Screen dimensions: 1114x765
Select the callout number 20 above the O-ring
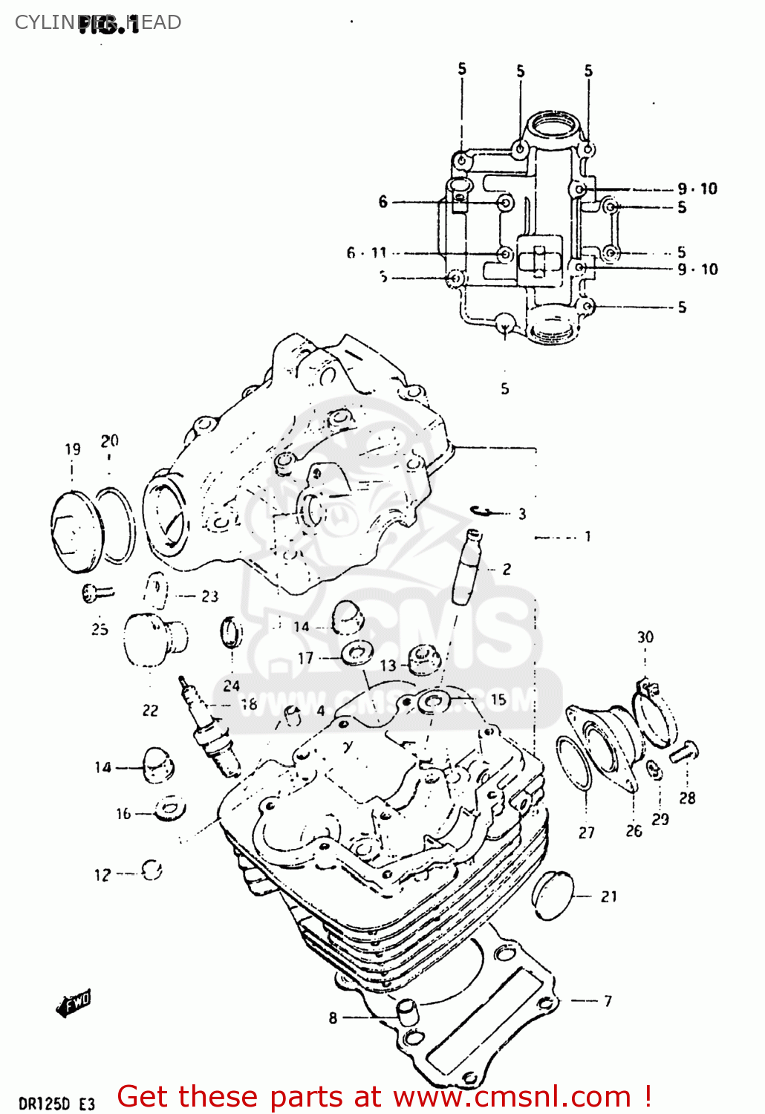109,441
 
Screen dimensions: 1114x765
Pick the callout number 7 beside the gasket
608,1001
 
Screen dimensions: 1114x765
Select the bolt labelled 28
684,752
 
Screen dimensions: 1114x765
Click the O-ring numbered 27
574,763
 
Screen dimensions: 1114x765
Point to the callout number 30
645,637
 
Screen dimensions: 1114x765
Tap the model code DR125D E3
56,1104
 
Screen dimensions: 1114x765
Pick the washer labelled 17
357,654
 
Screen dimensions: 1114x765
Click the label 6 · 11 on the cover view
366,253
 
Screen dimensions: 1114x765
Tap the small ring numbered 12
152,870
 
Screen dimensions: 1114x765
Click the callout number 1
587,536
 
